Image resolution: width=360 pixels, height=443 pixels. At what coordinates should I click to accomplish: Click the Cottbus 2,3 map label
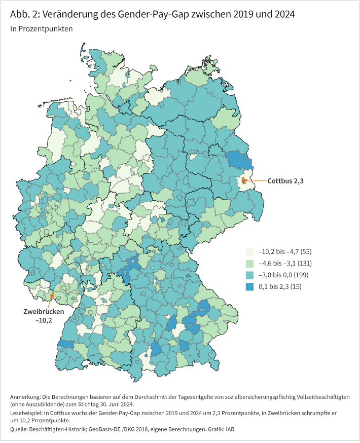[285, 180]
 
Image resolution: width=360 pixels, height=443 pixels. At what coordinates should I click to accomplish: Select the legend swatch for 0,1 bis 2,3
[250, 287]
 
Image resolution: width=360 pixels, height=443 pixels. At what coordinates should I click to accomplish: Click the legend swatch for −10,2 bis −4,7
[250, 252]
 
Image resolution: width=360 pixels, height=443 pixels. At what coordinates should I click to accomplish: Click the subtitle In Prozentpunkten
[41, 29]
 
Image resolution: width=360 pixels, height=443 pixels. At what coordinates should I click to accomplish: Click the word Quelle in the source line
[20, 430]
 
